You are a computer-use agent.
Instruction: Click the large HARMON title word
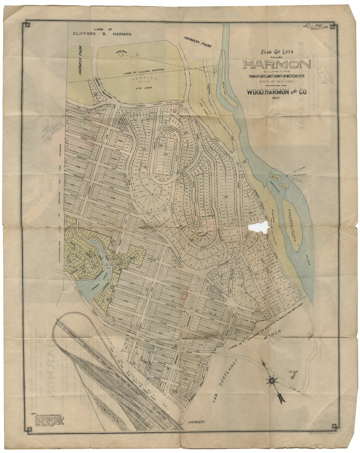pyautogui.click(x=277, y=65)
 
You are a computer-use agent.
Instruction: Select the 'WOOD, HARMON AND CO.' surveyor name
pyautogui.click(x=277, y=92)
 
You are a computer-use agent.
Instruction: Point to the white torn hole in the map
pyautogui.click(x=258, y=226)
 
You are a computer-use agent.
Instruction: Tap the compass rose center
pyautogui.click(x=271, y=380)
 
